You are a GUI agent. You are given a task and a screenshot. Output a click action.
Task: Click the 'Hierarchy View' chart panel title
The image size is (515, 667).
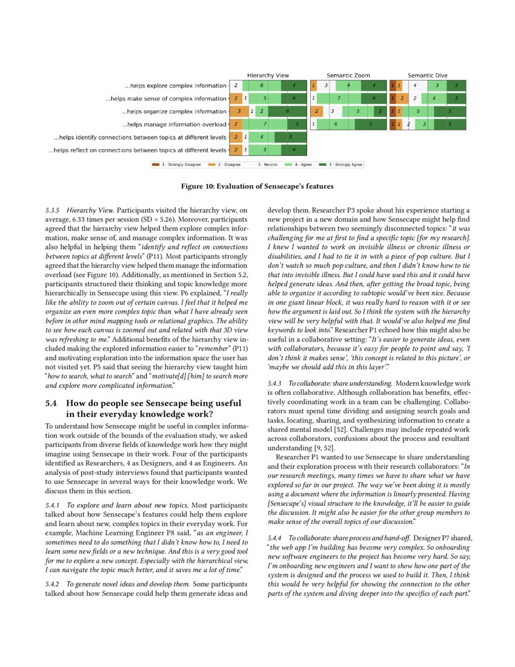(268, 75)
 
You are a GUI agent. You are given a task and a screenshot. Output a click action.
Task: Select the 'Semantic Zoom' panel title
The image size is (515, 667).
(348, 75)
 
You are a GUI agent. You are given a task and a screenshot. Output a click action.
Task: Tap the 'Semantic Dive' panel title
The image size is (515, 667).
(428, 75)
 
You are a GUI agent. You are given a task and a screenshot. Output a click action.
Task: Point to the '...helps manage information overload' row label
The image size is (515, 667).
(176, 124)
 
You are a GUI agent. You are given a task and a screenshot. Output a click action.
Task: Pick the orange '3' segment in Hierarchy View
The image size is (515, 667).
(239, 112)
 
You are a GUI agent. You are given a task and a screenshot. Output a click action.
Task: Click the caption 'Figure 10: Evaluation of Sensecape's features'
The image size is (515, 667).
(257, 186)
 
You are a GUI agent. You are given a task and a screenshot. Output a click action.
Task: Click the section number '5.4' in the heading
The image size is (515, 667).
(52, 403)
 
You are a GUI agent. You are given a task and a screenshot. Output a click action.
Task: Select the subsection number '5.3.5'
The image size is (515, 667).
(54, 210)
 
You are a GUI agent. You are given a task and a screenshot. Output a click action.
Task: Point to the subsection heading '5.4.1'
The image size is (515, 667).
(54, 504)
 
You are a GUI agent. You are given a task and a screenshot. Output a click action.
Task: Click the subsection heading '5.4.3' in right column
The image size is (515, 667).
(276, 383)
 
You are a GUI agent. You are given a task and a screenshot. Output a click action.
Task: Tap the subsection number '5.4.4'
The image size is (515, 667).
(276, 538)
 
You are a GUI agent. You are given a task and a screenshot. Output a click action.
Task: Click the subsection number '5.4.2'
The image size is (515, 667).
(54, 584)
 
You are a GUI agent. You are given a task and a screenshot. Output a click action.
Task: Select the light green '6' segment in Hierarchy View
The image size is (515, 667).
(261, 85)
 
